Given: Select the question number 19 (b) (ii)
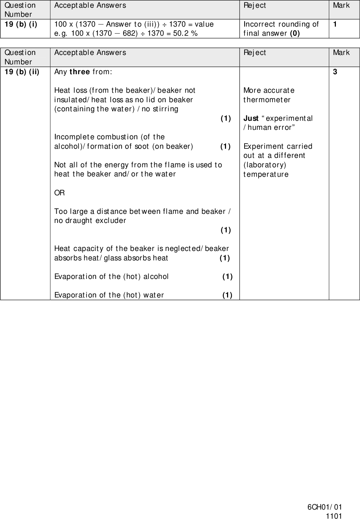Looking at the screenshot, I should point(22,72).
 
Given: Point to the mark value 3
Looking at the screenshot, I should point(335,72).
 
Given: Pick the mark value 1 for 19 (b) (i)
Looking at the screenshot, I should point(335,24).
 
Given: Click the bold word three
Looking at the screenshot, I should point(80,72).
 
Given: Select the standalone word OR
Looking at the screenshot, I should point(59,193).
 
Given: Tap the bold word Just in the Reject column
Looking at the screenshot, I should point(251,118).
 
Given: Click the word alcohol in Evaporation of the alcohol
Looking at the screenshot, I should point(155,276).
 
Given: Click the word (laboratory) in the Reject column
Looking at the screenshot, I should point(264,165).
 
